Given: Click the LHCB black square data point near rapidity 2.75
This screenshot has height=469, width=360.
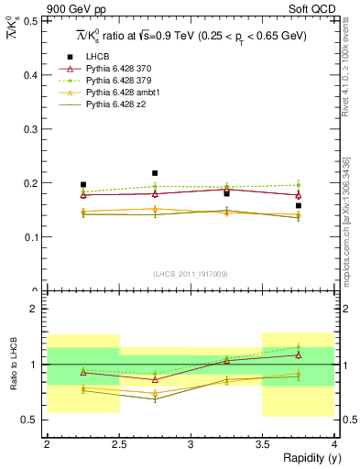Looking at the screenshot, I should tap(155, 173).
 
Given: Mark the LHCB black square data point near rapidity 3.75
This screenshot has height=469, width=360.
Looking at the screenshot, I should tap(299, 206).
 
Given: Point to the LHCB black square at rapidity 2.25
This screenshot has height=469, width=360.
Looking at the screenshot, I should tap(83, 184).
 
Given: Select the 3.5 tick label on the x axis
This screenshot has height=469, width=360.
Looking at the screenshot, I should tap(262, 443).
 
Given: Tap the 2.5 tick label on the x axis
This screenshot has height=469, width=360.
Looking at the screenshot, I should tap(119, 443).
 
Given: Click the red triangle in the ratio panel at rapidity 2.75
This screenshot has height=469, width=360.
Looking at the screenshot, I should tap(155, 378).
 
